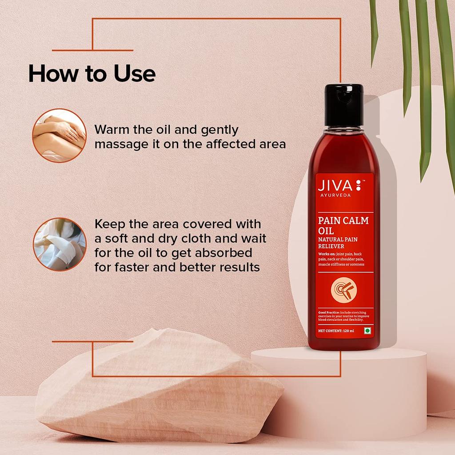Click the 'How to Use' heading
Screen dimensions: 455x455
pos(92,74)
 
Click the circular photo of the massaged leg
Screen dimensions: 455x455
pos(59,136)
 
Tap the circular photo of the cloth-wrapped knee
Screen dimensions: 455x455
pos(60,244)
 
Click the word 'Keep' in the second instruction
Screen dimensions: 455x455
pos(110,223)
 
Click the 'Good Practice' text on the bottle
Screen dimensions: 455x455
pos(329,313)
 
